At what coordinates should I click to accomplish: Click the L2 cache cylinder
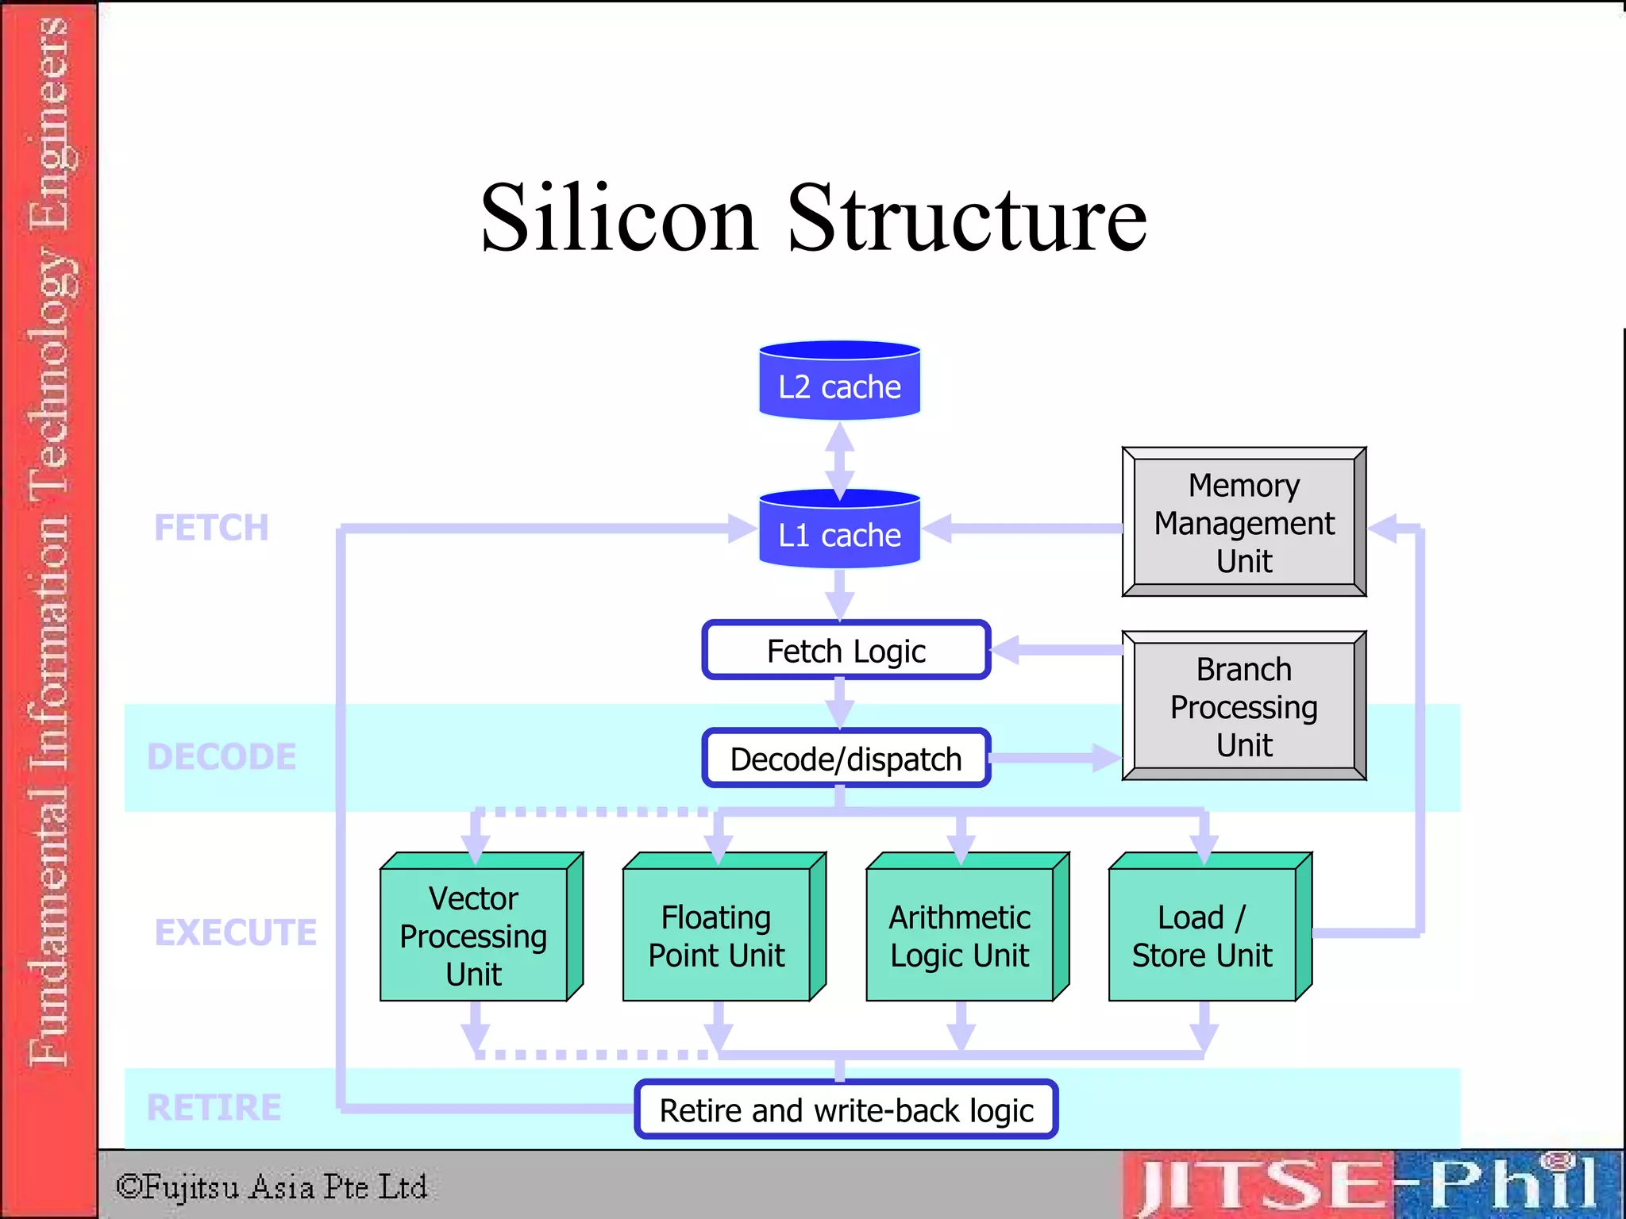pos(839,381)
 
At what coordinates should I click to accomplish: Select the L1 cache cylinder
pos(839,529)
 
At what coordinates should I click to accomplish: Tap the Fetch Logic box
pos(846,651)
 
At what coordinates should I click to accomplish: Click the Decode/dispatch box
pos(846,759)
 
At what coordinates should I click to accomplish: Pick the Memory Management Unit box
pos(1243,522)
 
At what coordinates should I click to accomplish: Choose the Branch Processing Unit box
pos(1243,706)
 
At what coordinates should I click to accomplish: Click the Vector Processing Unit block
pos(474,934)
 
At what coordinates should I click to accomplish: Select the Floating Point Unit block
pos(717,934)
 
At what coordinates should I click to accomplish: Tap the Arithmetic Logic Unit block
pos(960,934)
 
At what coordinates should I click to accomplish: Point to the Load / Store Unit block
pos(1202,934)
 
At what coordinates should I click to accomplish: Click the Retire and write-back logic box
pos(846,1109)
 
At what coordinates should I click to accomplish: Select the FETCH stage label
pos(211,528)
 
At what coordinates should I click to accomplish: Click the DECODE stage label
pos(222,756)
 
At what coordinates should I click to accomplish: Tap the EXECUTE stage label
pos(236,932)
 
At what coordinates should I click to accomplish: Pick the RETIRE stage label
pos(214,1107)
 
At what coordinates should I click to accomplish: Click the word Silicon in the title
pos(618,218)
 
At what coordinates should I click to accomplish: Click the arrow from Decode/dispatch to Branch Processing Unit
pos(1056,757)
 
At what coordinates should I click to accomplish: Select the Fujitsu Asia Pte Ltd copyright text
pos(272,1186)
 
